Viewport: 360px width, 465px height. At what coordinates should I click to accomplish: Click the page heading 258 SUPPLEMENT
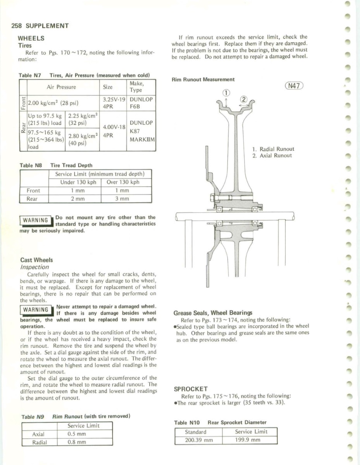[40, 26]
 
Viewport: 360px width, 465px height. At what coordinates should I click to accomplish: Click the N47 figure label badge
[294, 86]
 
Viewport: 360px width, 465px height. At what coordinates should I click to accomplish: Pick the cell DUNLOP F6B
[141, 103]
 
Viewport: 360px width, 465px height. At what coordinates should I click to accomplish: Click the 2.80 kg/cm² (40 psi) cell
[83, 139]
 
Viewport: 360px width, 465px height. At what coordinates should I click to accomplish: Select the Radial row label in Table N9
[39, 442]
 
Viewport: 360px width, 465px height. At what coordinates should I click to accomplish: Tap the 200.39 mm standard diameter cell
[199, 440]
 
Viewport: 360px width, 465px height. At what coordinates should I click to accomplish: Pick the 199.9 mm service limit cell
[250, 440]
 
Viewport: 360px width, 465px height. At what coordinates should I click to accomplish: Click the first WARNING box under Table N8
[35, 220]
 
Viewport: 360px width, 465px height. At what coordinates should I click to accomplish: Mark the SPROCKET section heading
[191, 389]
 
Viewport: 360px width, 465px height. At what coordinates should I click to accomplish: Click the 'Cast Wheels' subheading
[36, 260]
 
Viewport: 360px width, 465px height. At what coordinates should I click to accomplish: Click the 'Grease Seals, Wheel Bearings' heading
[212, 313]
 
